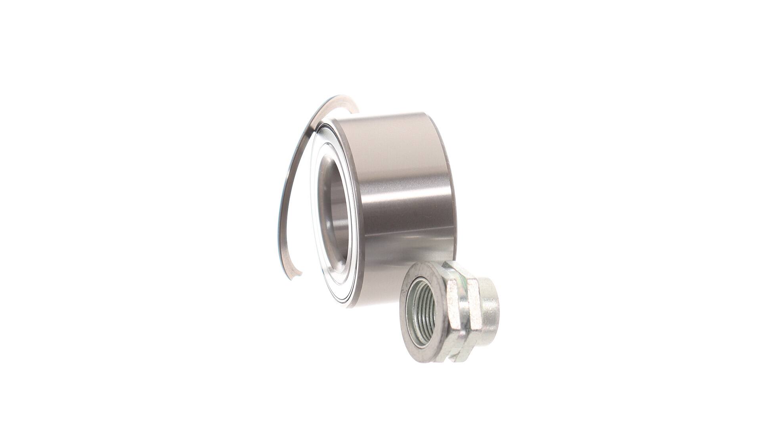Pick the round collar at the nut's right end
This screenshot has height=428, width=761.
pyautogui.click(x=488, y=313)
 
